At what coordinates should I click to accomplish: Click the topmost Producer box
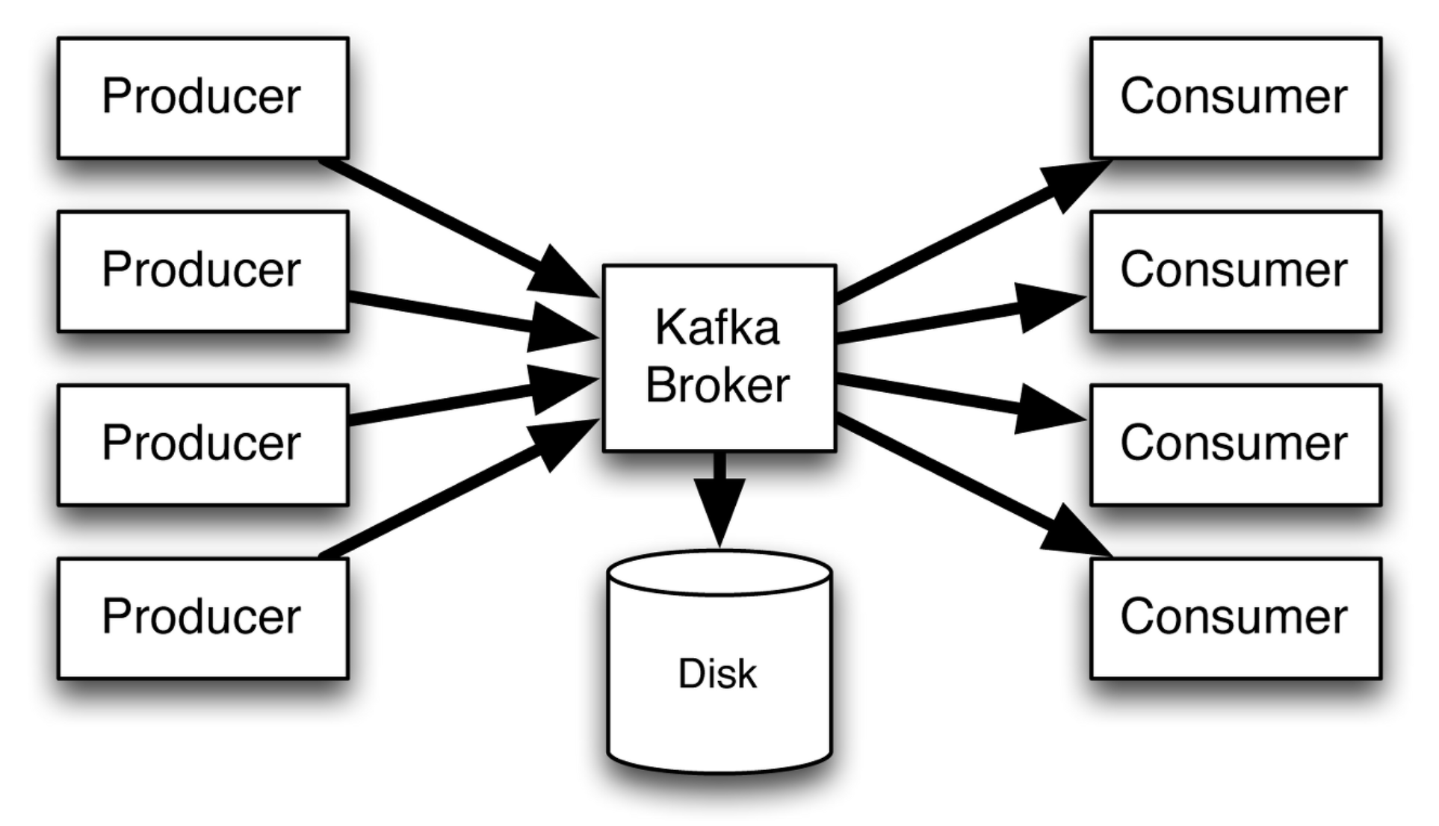click(x=202, y=98)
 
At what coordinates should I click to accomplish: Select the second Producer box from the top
click(x=202, y=271)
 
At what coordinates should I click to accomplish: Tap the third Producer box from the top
click(x=202, y=445)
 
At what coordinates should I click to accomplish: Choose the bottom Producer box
click(x=202, y=618)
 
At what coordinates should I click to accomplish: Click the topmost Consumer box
click(x=1235, y=98)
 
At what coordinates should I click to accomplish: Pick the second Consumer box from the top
click(x=1235, y=271)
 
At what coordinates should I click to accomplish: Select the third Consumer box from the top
click(x=1235, y=445)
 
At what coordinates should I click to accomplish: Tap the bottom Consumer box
click(x=1235, y=618)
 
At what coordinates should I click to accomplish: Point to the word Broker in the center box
click(x=717, y=385)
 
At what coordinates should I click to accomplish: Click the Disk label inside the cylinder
click(x=717, y=674)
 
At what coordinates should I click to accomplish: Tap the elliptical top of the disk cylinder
click(x=719, y=574)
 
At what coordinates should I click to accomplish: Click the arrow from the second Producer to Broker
click(x=463, y=317)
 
